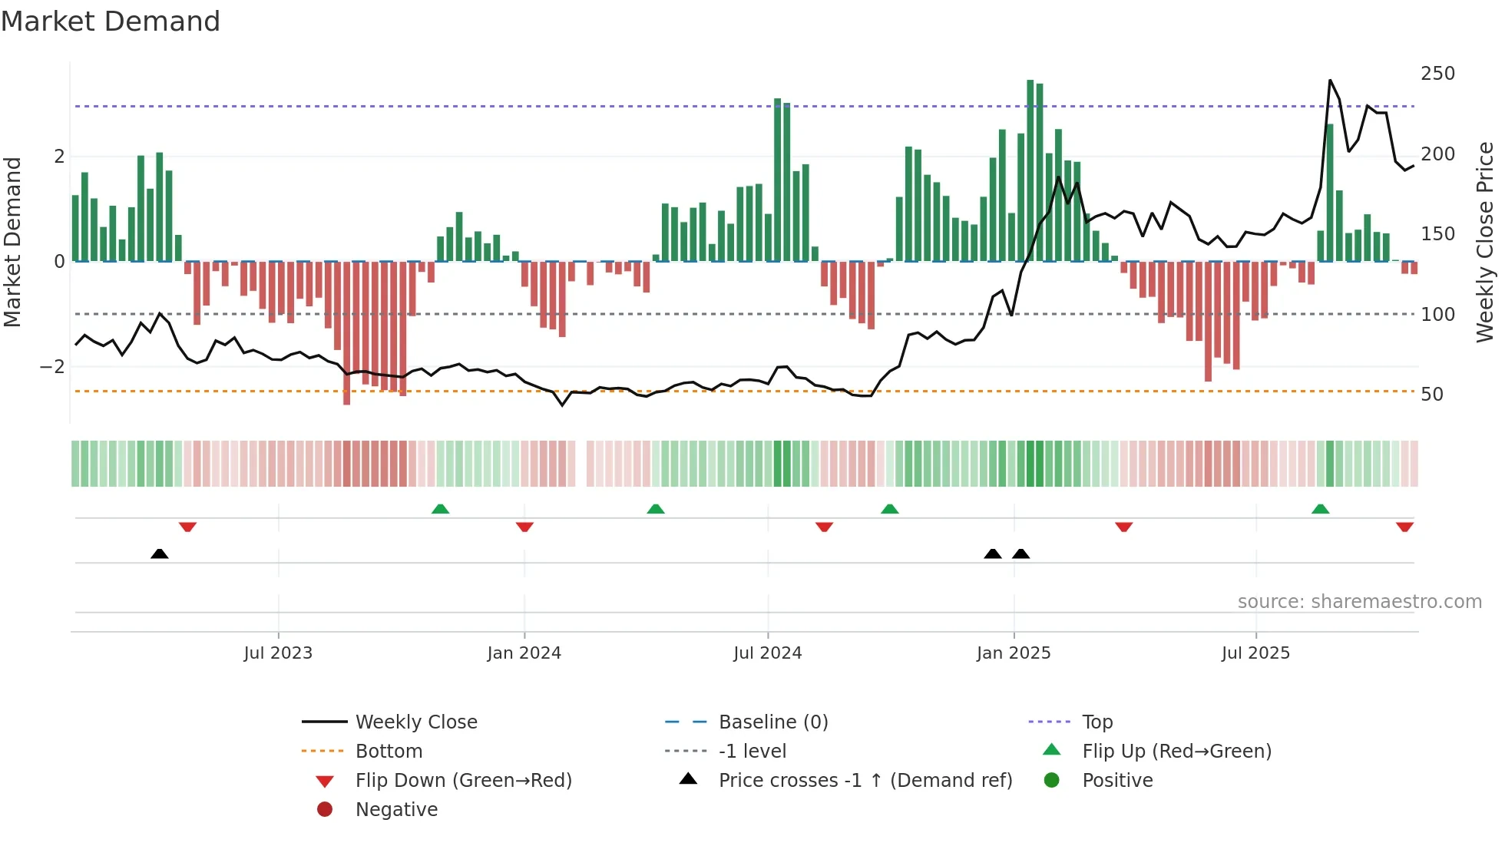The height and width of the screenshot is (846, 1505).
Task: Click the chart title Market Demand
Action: point(111,21)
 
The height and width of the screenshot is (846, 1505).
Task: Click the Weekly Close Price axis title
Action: point(1485,242)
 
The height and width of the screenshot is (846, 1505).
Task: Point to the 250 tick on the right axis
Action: point(1437,74)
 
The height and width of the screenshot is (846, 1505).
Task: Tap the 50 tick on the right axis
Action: point(1431,395)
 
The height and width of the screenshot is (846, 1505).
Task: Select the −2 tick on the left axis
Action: point(52,367)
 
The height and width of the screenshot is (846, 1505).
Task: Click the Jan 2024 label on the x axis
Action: point(524,653)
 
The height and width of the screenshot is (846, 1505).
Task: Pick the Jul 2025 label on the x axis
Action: point(1255,653)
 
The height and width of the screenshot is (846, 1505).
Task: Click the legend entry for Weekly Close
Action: point(415,722)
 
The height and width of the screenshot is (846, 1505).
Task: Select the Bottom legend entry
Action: point(389,752)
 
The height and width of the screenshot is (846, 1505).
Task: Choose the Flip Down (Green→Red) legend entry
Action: point(463,781)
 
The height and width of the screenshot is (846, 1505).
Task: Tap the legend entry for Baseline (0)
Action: point(772,722)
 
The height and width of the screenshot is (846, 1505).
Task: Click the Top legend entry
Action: point(1096,722)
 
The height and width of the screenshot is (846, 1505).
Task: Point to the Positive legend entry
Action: point(1117,781)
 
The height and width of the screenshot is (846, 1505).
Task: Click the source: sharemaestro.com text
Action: point(1359,602)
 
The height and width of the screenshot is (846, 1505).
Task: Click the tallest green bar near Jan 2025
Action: point(1030,170)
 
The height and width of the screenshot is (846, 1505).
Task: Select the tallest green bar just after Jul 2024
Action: point(777,180)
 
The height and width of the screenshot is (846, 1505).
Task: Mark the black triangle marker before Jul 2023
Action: point(159,554)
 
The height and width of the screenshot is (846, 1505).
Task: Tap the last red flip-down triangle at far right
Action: point(1404,527)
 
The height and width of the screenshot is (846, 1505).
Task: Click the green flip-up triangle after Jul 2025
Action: point(1320,510)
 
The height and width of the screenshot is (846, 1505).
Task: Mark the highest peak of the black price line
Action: point(1330,81)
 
